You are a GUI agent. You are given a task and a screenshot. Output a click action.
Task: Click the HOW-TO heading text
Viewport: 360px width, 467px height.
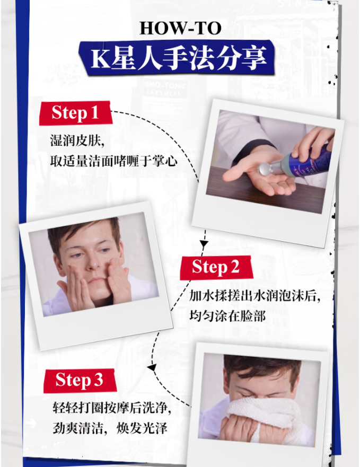click(x=181, y=28)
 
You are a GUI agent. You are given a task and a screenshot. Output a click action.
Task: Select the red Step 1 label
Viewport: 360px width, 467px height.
click(x=76, y=113)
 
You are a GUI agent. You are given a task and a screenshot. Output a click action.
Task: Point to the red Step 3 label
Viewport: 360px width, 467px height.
click(x=80, y=380)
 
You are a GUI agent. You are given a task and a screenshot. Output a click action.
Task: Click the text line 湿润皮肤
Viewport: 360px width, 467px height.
click(x=77, y=140)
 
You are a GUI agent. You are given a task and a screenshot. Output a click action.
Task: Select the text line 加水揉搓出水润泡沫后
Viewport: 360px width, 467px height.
click(x=255, y=296)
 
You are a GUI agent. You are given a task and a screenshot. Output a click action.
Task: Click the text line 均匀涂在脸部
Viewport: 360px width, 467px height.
click(x=227, y=316)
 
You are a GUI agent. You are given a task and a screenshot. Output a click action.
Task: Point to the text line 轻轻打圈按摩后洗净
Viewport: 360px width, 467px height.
click(x=112, y=408)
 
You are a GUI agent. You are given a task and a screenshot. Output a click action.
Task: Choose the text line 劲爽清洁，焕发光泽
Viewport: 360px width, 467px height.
click(x=110, y=428)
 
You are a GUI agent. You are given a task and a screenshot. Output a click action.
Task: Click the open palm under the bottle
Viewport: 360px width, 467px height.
click(x=259, y=175)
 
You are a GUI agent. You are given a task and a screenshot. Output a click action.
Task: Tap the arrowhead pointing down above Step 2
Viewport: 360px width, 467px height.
click(x=204, y=244)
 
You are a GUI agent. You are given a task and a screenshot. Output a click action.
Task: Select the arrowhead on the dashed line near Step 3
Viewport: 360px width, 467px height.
click(x=152, y=368)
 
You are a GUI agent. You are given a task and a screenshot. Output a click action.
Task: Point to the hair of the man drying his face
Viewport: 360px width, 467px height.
click(x=262, y=368)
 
